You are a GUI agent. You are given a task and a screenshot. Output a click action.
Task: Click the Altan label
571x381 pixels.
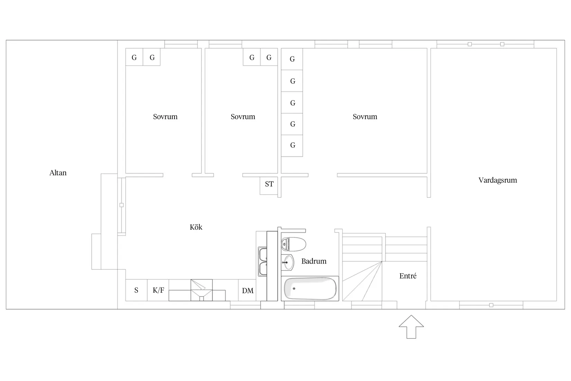[58, 173]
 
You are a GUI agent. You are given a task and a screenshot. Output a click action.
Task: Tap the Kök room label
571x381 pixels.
[196, 227]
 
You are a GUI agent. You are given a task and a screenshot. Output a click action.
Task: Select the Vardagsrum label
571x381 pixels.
[498, 180]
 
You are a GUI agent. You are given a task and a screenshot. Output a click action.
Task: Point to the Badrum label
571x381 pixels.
[314, 261]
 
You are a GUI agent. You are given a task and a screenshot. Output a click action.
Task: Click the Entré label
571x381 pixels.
[408, 276]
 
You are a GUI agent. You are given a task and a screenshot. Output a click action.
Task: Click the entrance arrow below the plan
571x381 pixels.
[411, 327]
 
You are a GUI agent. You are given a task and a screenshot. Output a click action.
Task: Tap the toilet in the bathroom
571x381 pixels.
[293, 244]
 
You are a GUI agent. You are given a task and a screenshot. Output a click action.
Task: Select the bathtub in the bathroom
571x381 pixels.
[310, 289]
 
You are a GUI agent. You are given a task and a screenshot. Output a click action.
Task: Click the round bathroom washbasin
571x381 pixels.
[288, 262]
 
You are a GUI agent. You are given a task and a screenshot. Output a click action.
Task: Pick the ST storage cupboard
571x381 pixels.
[269, 186]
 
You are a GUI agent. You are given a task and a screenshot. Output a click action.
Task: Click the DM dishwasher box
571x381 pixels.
[247, 290]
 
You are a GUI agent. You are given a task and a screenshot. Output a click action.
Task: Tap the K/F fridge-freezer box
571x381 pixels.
[158, 290]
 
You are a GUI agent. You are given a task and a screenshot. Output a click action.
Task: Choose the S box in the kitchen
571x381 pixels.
[136, 290]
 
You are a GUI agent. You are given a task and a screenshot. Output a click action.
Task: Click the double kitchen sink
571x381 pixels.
[263, 262]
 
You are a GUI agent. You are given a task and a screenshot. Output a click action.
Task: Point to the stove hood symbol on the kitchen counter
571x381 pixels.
[202, 290]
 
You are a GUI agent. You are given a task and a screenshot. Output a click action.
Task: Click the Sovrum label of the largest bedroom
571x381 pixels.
[365, 117]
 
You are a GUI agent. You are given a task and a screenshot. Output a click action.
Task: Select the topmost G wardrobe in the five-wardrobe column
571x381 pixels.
[292, 59]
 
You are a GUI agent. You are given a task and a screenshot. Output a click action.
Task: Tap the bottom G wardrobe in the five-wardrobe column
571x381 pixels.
[292, 145]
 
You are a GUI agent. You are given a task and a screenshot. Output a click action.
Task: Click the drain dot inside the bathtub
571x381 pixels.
[294, 289]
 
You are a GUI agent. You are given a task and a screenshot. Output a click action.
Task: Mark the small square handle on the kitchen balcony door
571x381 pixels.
[121, 205]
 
